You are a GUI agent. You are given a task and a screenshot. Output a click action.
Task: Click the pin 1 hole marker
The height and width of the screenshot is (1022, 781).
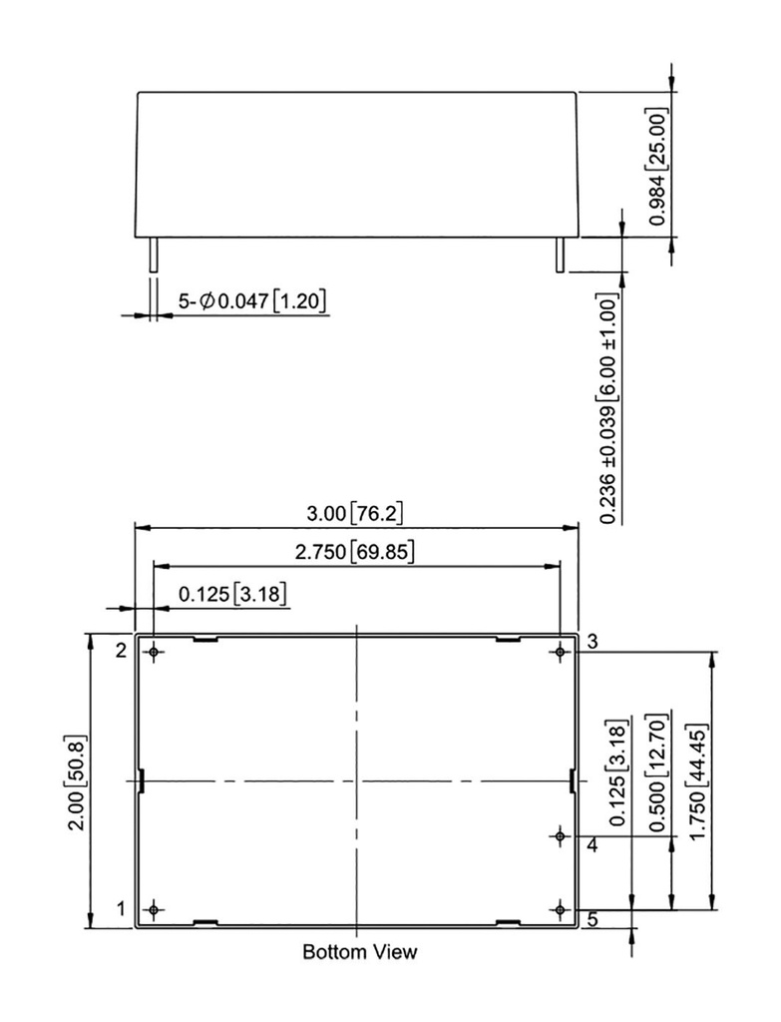(x=154, y=910)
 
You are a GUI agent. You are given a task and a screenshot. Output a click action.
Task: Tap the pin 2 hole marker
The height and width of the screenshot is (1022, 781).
(x=154, y=652)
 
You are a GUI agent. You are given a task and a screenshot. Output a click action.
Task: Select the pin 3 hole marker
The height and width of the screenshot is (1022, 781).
(x=561, y=652)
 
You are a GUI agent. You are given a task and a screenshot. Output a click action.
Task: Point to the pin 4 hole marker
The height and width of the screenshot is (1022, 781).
(x=561, y=835)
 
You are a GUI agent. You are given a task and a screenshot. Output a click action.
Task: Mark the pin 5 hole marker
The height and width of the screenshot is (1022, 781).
(x=561, y=910)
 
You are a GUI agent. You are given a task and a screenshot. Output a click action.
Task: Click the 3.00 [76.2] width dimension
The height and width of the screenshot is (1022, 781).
(x=355, y=514)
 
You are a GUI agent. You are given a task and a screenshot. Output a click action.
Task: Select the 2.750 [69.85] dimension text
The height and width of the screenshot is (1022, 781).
(x=355, y=552)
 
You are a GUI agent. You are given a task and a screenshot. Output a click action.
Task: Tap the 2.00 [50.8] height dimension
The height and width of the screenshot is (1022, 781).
(x=77, y=782)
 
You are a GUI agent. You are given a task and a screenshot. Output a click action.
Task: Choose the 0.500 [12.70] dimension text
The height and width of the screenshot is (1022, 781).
(x=658, y=773)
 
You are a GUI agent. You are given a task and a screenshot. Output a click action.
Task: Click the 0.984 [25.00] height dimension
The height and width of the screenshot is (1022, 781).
(x=658, y=167)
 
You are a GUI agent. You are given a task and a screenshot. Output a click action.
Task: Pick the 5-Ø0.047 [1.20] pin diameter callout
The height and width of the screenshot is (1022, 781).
(x=252, y=301)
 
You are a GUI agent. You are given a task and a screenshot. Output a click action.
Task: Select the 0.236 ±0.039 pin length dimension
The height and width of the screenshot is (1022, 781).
(x=608, y=410)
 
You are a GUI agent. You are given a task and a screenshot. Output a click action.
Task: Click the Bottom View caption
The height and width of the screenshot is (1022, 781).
(x=359, y=951)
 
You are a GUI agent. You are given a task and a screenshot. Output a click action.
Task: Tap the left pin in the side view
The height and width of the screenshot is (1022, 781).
(x=153, y=255)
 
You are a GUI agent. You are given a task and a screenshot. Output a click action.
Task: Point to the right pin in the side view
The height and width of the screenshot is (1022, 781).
(x=560, y=255)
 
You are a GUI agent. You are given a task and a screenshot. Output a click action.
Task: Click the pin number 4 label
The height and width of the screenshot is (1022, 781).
(x=592, y=845)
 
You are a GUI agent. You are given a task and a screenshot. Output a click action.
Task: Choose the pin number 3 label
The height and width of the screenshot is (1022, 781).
(x=592, y=642)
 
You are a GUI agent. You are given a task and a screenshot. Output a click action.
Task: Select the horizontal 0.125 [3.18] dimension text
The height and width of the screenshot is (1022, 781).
(x=232, y=594)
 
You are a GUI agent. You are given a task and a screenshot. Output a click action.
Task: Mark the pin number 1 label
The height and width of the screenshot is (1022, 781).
(x=121, y=908)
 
